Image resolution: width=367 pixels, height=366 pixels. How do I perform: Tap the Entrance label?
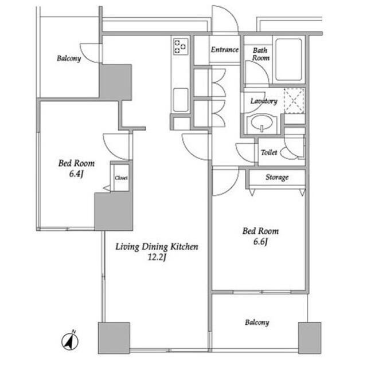(x=225, y=50)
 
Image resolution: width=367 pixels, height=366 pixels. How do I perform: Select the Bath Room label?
(x=261, y=54)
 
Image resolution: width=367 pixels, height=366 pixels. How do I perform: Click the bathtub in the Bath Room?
(x=288, y=60)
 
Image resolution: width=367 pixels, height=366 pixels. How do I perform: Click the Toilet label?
(x=269, y=152)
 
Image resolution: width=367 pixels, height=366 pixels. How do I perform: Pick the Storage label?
(x=277, y=178)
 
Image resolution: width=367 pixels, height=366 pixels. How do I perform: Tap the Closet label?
(x=121, y=178)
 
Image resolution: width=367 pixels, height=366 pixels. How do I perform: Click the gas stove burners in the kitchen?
(x=181, y=46)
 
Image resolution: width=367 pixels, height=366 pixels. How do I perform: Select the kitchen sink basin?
(x=181, y=100)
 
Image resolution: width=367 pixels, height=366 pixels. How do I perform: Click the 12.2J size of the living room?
(x=157, y=257)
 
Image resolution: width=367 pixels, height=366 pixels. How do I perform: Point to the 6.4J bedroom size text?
(x=76, y=174)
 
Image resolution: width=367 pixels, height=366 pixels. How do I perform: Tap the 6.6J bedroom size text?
(x=260, y=242)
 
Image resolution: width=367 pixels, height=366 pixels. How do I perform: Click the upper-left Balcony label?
(x=69, y=58)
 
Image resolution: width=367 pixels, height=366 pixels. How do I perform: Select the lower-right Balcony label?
(x=257, y=322)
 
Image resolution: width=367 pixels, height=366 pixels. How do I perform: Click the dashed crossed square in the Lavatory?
(x=294, y=101)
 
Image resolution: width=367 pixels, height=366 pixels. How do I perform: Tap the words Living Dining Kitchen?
(x=157, y=247)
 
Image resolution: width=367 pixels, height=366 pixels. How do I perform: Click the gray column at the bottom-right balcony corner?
(x=310, y=338)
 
